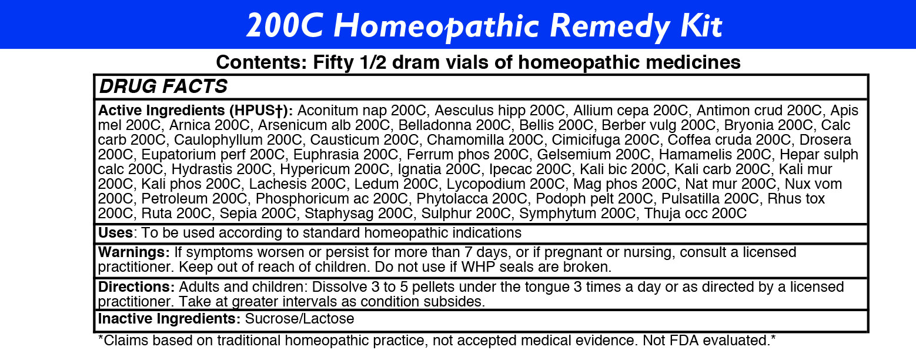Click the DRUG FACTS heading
(x=163, y=86)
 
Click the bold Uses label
(x=115, y=233)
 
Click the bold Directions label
(x=136, y=287)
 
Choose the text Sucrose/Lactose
(x=300, y=319)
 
